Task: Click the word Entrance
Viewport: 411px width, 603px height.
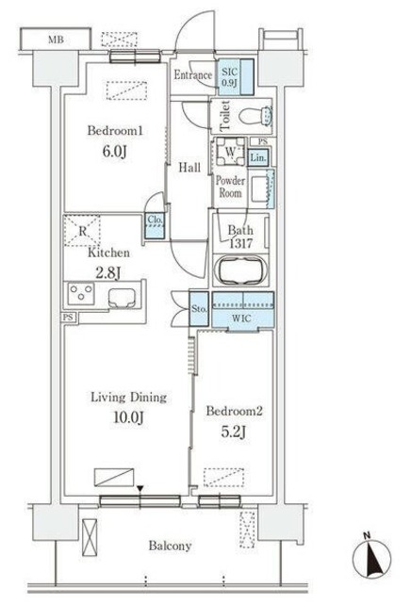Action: click(x=192, y=76)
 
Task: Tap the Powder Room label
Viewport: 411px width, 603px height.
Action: click(x=230, y=186)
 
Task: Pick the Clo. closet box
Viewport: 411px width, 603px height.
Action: click(x=155, y=223)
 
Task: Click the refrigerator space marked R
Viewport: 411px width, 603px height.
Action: click(x=83, y=229)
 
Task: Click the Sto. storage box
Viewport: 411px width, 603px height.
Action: click(x=199, y=309)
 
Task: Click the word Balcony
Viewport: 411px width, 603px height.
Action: click(x=170, y=546)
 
